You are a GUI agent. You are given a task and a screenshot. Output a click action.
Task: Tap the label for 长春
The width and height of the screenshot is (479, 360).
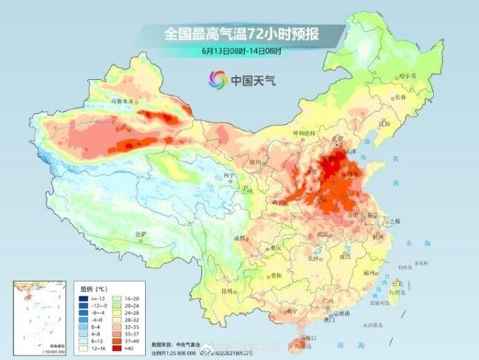pos(421,97)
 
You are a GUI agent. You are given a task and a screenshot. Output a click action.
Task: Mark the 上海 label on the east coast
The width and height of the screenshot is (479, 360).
pos(395,221)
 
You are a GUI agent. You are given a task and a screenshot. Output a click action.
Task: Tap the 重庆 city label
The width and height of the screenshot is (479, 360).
pos(276,247)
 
